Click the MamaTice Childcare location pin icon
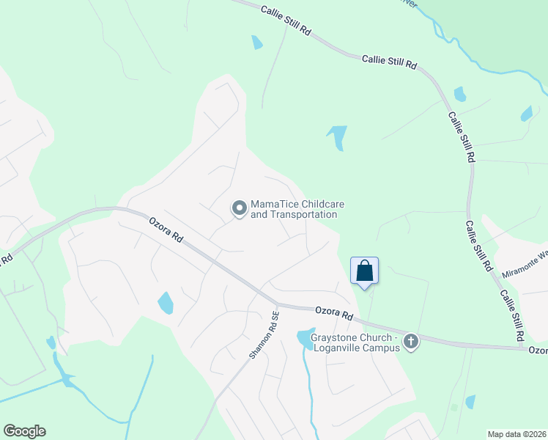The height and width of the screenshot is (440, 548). (x=239, y=209)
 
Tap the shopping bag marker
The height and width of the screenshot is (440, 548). (x=364, y=271)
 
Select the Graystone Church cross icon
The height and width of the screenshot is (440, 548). (x=411, y=341)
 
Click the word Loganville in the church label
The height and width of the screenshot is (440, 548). (x=339, y=348)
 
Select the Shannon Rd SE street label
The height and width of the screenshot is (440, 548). (x=264, y=335)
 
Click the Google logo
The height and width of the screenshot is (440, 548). (x=24, y=431)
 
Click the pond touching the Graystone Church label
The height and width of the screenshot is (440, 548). (x=303, y=339)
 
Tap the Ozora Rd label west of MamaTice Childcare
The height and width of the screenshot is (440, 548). (x=165, y=230)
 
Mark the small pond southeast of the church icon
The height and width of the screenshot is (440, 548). (x=470, y=401)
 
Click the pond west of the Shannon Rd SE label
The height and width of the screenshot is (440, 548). (x=166, y=302)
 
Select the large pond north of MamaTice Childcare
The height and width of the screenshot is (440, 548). (x=338, y=136)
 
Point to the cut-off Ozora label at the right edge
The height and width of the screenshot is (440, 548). (x=538, y=351)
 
